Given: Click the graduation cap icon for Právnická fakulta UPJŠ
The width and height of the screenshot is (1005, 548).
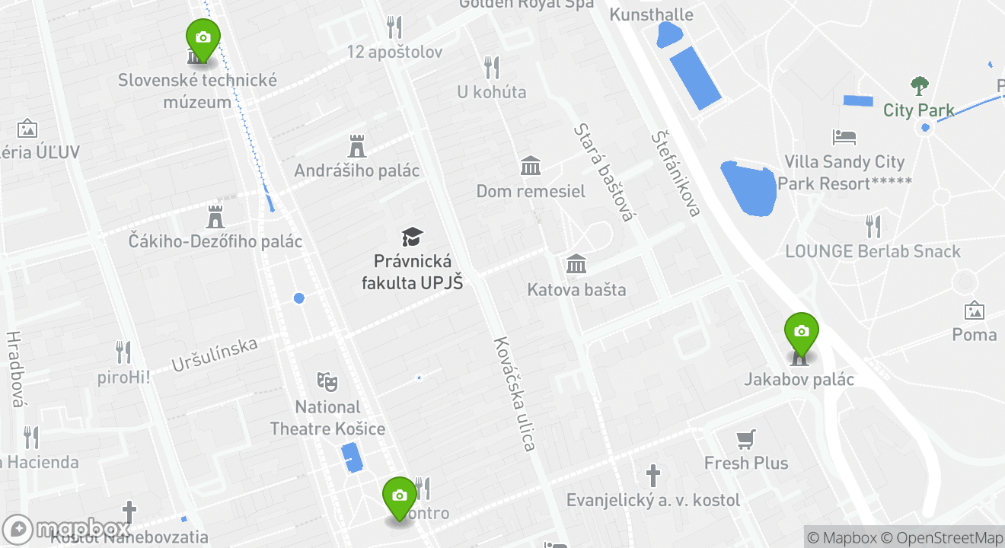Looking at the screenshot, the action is tap(412, 237).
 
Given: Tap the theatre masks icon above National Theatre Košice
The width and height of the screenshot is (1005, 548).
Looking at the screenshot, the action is tap(327, 381).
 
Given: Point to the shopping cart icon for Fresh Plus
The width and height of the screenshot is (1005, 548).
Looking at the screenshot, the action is tap(746, 439).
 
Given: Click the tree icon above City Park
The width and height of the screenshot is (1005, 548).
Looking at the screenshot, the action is tap(920, 85).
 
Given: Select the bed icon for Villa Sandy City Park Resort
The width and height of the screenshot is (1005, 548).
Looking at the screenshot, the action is tap(844, 138).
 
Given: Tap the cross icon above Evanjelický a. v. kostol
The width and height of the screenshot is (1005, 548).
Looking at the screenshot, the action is tap(652, 476).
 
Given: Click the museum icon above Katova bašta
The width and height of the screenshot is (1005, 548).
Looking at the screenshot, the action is tap(576, 264).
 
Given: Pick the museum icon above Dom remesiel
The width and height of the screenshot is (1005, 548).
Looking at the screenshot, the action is tap(530, 165).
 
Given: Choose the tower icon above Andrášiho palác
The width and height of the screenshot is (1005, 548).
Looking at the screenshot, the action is tap(356, 145).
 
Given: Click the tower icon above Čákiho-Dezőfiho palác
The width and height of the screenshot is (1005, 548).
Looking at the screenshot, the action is tap(215, 216).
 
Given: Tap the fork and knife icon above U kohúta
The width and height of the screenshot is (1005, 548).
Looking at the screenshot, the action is tap(492, 67).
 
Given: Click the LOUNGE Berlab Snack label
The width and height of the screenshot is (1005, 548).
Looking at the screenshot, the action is tap(873, 251).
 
